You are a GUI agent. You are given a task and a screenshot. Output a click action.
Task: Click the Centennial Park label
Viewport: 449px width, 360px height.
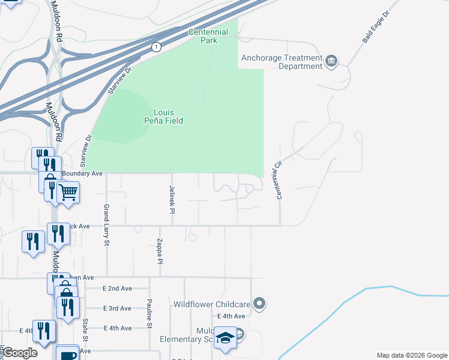tap(208, 36)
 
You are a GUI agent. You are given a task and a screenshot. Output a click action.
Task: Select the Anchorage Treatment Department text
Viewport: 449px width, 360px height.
tap(282, 62)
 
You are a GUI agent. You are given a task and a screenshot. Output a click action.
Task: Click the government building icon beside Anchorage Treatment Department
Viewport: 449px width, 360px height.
tap(331, 61)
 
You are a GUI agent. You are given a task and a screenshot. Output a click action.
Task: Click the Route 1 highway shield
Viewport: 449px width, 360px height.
tap(156, 47)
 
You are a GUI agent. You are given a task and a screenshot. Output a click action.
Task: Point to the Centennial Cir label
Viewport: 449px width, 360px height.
tap(279, 180)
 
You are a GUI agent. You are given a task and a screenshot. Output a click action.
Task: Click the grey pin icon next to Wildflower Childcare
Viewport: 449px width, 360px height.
tap(259, 304)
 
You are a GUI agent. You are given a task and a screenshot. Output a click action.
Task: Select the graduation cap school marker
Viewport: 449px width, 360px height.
tap(225, 338)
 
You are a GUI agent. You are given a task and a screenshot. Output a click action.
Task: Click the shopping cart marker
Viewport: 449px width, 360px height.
tap(69, 193)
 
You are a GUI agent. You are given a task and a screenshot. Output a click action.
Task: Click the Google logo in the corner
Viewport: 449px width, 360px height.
tap(19, 353)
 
